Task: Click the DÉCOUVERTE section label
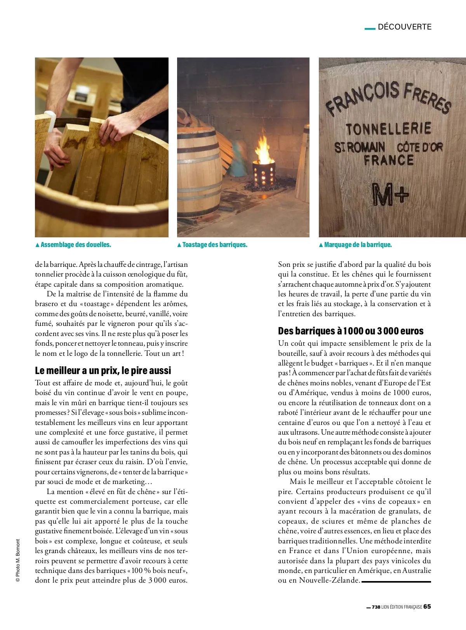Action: coord(405,27)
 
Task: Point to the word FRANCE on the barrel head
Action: coord(389,160)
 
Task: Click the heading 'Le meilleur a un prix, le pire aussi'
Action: coord(103,371)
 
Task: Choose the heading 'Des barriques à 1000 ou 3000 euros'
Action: coord(351,331)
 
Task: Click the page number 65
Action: coord(427,607)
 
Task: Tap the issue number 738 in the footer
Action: coord(376,607)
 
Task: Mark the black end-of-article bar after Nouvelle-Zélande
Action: coord(396,581)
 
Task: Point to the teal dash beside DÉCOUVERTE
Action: coord(370,28)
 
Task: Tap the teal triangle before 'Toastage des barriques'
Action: coord(179,245)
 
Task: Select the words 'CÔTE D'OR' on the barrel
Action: coord(419,147)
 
